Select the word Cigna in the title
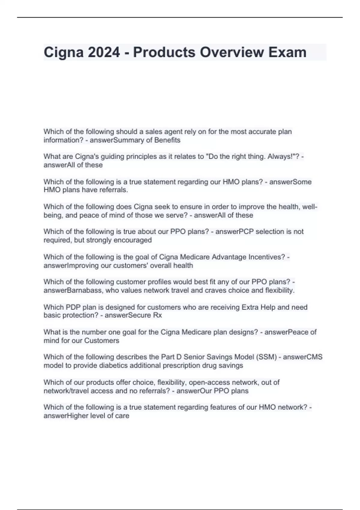tap(64, 52)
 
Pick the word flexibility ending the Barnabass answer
tap(280, 290)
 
